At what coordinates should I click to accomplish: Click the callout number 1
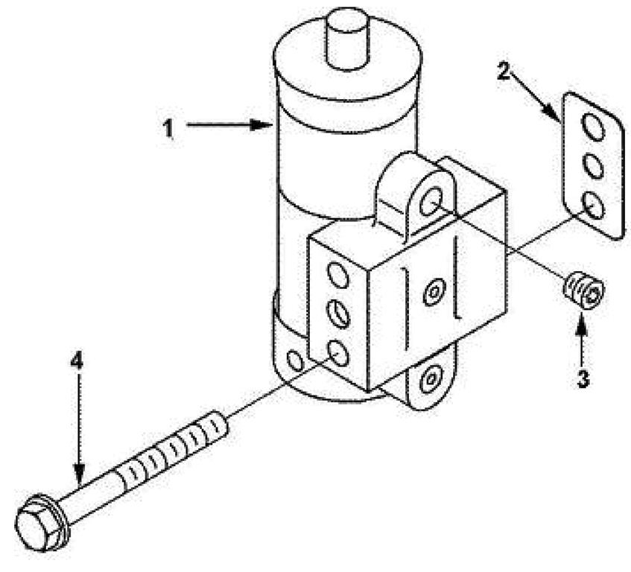point(168,128)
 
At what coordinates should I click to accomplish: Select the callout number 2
point(504,71)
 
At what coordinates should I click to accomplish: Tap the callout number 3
point(583,379)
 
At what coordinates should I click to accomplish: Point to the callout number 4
point(77,360)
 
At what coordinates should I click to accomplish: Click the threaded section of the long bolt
point(173,446)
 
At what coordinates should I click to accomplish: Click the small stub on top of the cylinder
point(346,39)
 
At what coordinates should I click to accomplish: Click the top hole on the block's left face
point(338,275)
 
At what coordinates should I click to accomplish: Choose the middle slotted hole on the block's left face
point(338,313)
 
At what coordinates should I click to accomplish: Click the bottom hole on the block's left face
point(338,353)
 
